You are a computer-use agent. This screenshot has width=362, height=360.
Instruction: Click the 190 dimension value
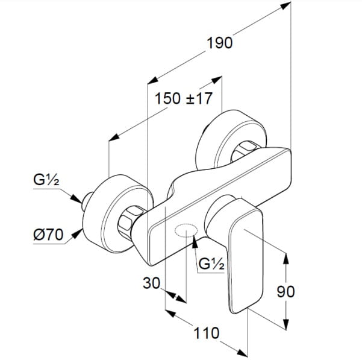219,43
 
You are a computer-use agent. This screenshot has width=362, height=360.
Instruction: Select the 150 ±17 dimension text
183,99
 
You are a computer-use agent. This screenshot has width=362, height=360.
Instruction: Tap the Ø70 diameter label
48,235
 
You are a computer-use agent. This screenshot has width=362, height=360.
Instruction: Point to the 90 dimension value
286,292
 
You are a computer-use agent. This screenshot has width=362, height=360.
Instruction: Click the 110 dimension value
206,333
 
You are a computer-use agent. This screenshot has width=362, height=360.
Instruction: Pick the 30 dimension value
151,283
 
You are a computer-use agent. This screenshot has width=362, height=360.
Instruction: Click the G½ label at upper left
46,180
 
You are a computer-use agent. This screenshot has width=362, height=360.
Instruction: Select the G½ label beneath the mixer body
211,264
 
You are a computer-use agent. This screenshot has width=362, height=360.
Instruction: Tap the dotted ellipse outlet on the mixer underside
186,230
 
